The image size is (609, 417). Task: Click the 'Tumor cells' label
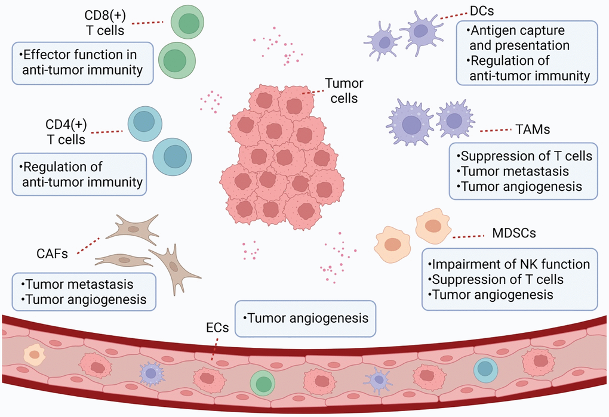click(345, 91)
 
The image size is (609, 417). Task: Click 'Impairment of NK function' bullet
click(509, 264)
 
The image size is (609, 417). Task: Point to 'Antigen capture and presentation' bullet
click(518, 38)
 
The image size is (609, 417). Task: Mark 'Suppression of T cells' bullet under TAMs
click(526, 157)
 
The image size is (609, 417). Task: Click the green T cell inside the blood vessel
click(262, 381)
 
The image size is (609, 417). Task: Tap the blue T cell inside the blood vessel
click(485, 370)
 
